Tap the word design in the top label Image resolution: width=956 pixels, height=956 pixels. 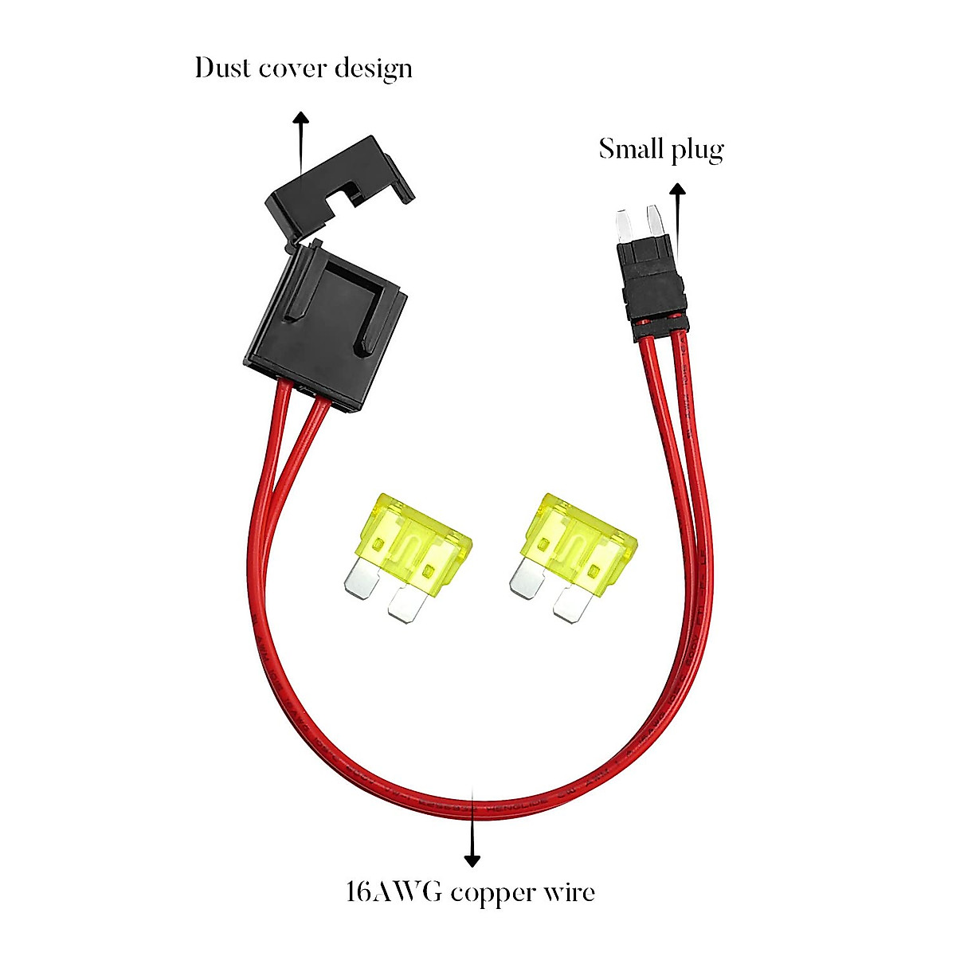(373, 69)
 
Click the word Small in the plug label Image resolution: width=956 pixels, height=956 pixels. (629, 149)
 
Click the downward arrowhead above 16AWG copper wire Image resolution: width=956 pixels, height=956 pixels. (472, 860)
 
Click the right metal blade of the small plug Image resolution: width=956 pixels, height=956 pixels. (656, 221)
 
